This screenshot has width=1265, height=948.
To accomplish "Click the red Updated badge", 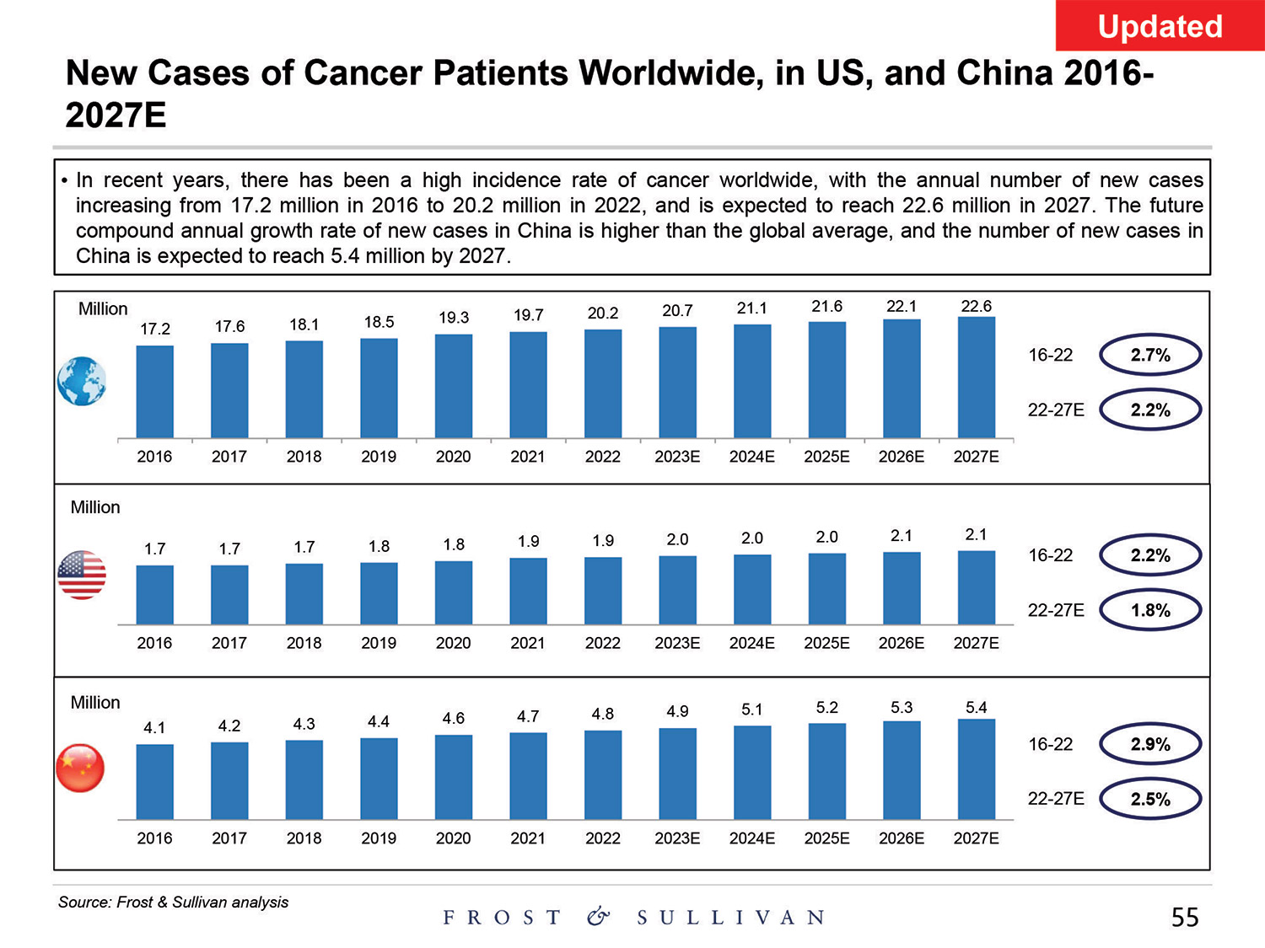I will [x=1159, y=26].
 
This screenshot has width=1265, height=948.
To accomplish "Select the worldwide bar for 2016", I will [x=154, y=391].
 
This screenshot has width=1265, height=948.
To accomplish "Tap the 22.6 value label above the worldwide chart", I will [x=976, y=306].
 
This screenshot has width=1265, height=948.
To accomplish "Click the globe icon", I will [x=82, y=381].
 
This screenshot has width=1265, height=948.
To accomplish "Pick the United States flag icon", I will [x=82, y=575].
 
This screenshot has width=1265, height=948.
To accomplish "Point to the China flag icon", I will [x=80, y=769].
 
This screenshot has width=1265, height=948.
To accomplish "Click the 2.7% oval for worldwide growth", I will [x=1149, y=355].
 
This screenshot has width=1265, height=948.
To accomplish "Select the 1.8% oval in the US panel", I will [x=1149, y=610].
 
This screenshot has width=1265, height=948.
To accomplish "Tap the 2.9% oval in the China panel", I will [x=1149, y=744].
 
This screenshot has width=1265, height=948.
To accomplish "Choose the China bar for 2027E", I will [x=976, y=769].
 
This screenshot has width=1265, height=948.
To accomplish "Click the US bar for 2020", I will [x=454, y=592].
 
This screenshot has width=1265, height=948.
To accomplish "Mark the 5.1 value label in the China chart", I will [x=751, y=710].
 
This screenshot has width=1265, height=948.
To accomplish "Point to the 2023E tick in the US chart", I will [x=677, y=643].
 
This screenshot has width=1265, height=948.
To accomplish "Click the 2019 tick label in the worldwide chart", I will [x=379, y=457].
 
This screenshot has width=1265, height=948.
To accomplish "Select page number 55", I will [x=1184, y=917].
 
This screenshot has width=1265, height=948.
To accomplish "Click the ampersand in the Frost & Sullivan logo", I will [x=598, y=917].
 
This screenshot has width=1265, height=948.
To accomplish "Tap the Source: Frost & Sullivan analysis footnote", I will [x=173, y=902].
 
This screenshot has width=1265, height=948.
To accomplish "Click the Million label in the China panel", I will [x=95, y=702].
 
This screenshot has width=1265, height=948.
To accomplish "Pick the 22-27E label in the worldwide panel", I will [x=1056, y=410].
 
